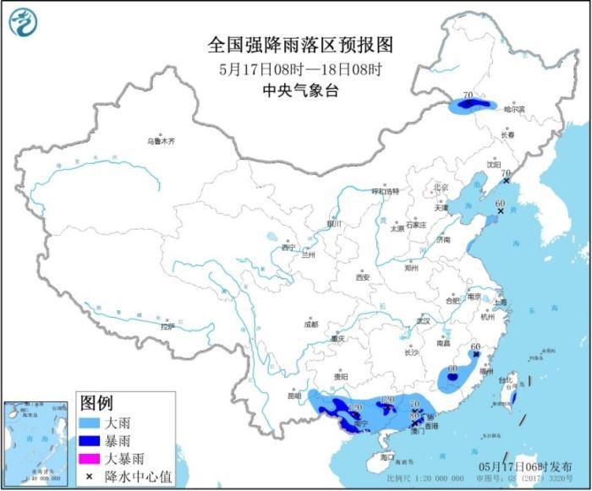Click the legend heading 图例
point(96,401)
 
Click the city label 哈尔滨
point(514,109)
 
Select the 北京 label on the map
point(440,187)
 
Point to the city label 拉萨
point(167,326)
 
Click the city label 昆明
point(293,395)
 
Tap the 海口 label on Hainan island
point(386,457)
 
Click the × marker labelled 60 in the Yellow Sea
point(500,212)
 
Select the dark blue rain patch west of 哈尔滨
point(473,106)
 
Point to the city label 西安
point(363,276)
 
